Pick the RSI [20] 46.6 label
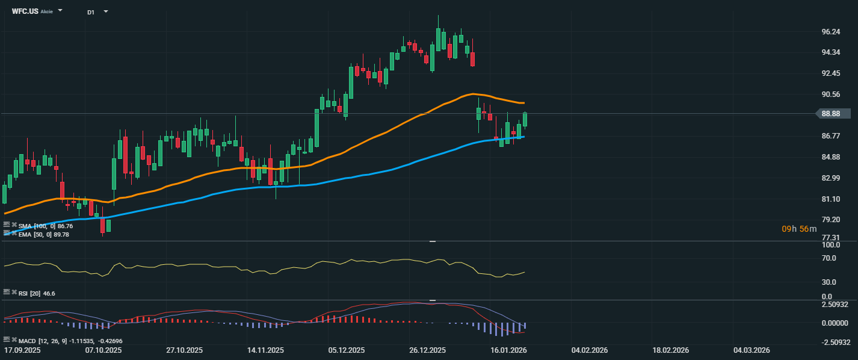pyautogui.click(x=37, y=293)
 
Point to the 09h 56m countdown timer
pyautogui.click(x=799, y=229)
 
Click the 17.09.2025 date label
pyautogui.click(x=22, y=350)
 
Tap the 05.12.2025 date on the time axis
pyautogui.click(x=347, y=350)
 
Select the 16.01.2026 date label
pyautogui.click(x=508, y=350)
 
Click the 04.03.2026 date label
pyautogui.click(x=752, y=350)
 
